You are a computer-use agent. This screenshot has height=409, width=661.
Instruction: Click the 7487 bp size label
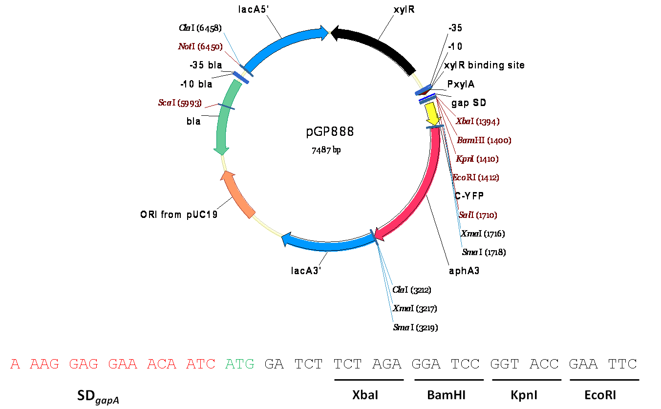(x=326, y=150)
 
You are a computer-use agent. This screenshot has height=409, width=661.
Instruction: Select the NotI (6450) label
(x=200, y=47)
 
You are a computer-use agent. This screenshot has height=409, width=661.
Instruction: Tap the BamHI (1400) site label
(x=484, y=141)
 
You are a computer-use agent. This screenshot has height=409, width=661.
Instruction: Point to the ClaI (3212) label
(x=411, y=290)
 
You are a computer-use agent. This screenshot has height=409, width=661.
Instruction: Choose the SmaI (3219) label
(x=415, y=327)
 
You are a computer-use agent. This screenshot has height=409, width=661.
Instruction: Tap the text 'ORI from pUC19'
(x=179, y=215)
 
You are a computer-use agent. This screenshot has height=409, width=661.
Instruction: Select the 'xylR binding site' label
(x=484, y=65)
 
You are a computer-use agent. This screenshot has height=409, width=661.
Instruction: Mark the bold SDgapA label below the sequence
(x=98, y=397)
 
